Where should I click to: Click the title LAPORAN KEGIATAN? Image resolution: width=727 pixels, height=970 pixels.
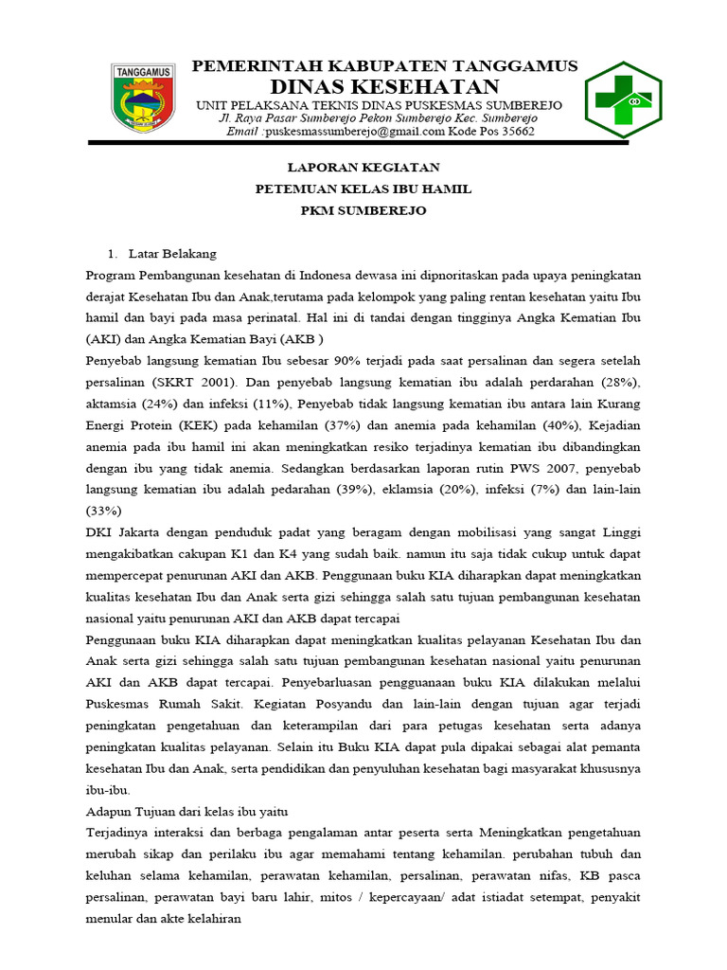coord(363,168)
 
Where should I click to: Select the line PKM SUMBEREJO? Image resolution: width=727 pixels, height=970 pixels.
coord(363,210)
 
